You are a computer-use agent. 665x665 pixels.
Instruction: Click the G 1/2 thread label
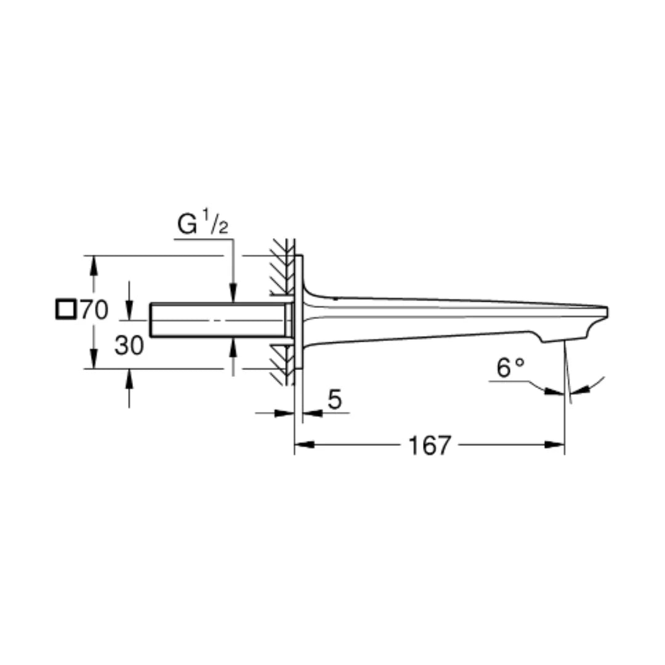203,225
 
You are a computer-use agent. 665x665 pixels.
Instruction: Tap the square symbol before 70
66,309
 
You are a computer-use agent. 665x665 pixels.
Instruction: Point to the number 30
129,345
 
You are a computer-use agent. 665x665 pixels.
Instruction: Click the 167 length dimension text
430,445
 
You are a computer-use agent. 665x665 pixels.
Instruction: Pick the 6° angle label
510,368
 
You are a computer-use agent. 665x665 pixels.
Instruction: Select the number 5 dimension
334,400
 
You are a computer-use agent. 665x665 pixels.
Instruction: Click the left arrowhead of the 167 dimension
304,444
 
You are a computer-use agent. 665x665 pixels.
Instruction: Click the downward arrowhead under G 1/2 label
233,294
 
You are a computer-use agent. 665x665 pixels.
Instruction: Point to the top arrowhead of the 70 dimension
93,265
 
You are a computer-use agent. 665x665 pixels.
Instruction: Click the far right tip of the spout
606,312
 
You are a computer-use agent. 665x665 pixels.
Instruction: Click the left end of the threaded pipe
151,320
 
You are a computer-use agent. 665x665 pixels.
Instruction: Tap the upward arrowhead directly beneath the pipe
233,347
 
